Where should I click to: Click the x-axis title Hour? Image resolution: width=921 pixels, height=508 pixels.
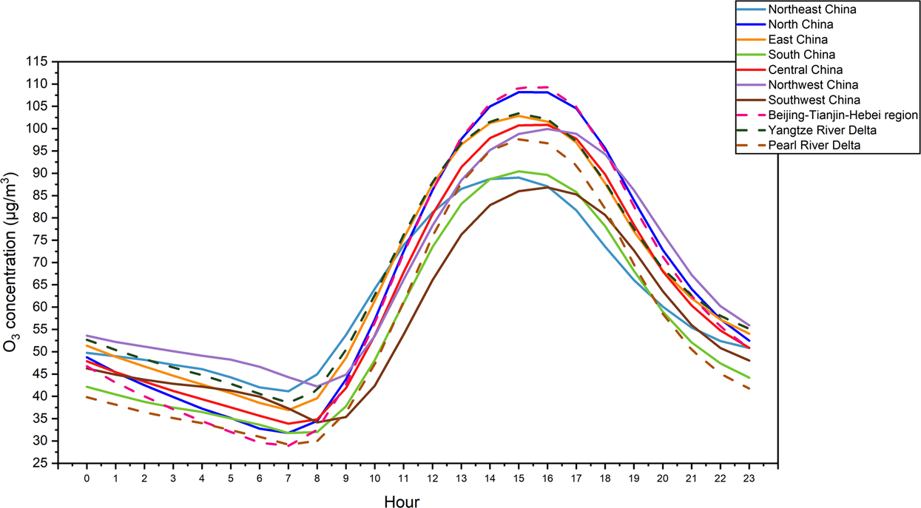(402, 501)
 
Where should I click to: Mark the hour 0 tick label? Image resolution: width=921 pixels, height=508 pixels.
(87, 478)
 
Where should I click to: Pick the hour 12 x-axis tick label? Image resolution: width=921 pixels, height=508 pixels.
(433, 478)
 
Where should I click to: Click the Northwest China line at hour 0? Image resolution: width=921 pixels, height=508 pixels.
(87, 336)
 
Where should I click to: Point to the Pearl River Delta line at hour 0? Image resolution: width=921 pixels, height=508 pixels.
(87, 397)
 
